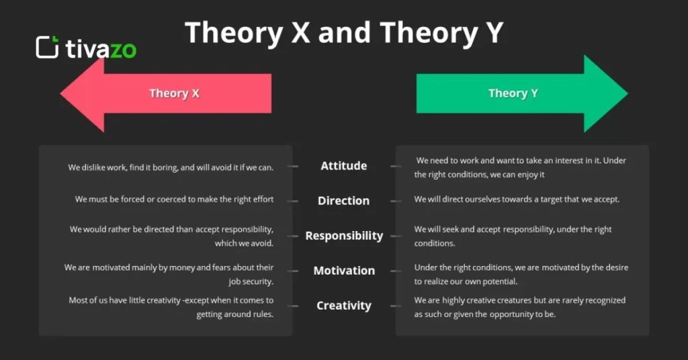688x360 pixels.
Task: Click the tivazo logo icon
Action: click(x=47, y=47)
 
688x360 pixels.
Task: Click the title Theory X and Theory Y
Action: click(x=343, y=32)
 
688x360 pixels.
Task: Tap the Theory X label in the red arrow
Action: click(x=174, y=93)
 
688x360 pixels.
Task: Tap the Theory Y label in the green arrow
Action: click(x=513, y=93)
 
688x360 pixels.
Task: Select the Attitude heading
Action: click(x=343, y=166)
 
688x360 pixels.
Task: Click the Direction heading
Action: click(x=343, y=201)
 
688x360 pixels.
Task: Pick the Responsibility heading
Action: click(x=344, y=236)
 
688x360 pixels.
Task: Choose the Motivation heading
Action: click(x=344, y=271)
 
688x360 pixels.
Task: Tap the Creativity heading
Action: click(x=343, y=306)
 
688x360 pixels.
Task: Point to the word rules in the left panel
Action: click(x=261, y=314)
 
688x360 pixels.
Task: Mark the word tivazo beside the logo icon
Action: click(x=101, y=48)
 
